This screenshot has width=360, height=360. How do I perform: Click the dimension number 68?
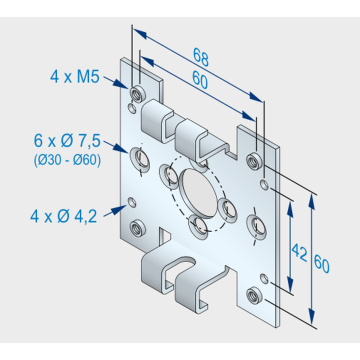tap(201, 57)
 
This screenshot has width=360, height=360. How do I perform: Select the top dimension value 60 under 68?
tap(200, 79)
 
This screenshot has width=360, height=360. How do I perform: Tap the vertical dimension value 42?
tap(299, 252)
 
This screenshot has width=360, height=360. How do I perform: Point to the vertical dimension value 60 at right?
tap(322, 265)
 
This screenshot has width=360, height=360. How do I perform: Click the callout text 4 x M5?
tap(75, 77)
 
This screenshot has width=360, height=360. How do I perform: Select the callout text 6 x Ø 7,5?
tap(67, 141)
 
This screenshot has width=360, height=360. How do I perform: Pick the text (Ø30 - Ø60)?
tap(67, 161)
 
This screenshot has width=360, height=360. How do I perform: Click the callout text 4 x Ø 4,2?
tap(63, 217)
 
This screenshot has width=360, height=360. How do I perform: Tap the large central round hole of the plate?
tap(200, 193)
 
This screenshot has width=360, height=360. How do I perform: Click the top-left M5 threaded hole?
tap(137, 94)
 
